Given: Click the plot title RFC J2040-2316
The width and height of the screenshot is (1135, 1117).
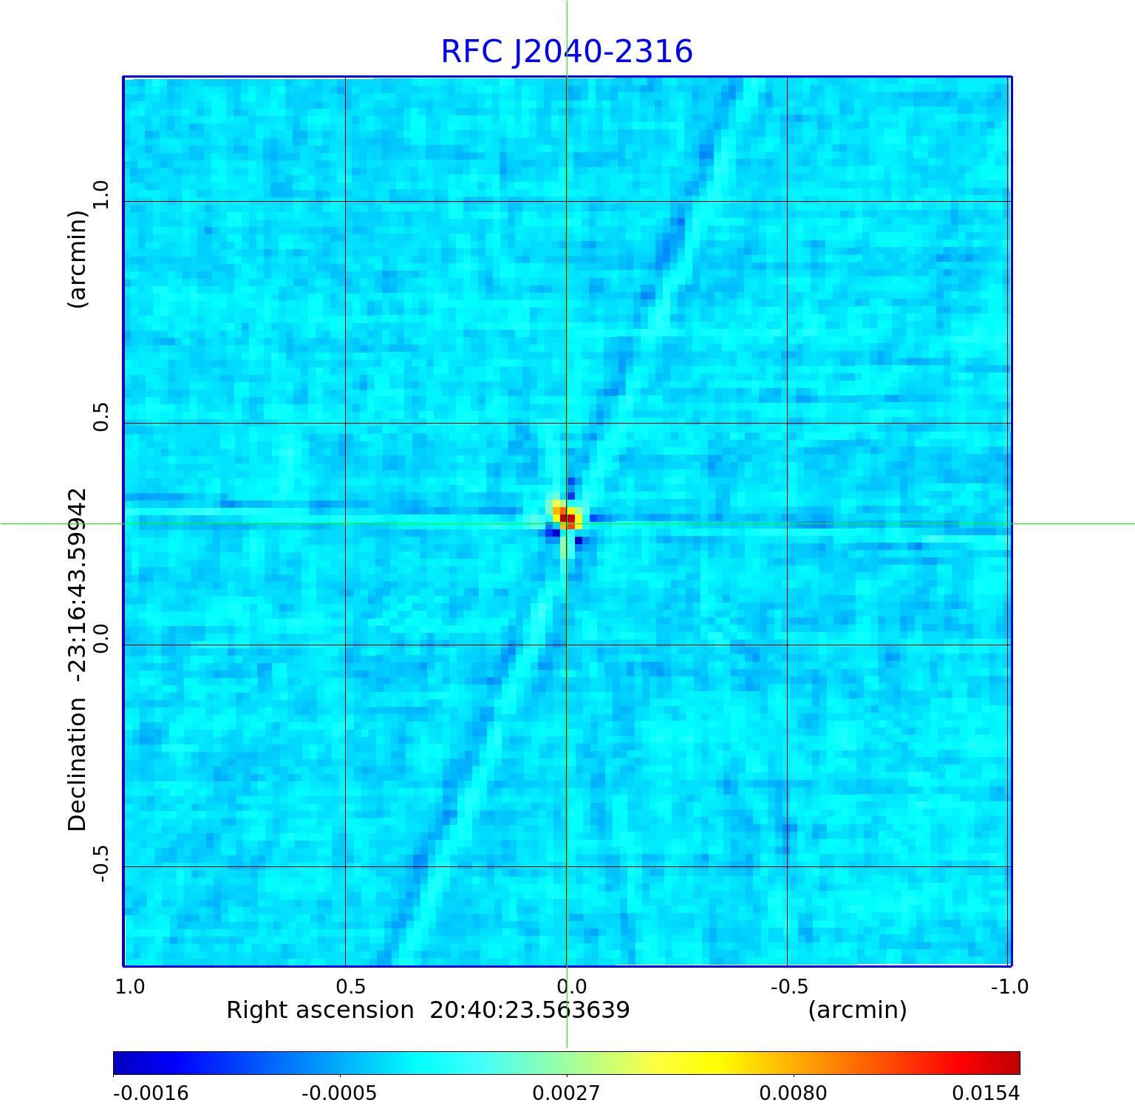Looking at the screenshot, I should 567,52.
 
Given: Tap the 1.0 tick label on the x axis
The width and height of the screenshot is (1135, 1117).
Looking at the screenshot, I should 130,987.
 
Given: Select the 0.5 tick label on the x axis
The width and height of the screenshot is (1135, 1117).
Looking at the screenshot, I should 350,987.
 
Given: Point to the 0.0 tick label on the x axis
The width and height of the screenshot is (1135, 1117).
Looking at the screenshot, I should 571,987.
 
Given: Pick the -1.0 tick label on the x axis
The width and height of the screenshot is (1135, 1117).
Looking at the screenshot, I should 1010,987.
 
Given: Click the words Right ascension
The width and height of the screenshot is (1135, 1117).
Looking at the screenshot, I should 320,1010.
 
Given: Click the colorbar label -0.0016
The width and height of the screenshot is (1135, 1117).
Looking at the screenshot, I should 151,1093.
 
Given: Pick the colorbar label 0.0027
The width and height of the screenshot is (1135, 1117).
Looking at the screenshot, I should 567,1093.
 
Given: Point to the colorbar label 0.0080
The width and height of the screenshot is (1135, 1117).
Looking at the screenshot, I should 794,1093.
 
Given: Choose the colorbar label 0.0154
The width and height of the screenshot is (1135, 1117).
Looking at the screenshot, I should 986,1093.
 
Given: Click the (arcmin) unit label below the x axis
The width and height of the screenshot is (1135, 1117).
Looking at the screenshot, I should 857,1010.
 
